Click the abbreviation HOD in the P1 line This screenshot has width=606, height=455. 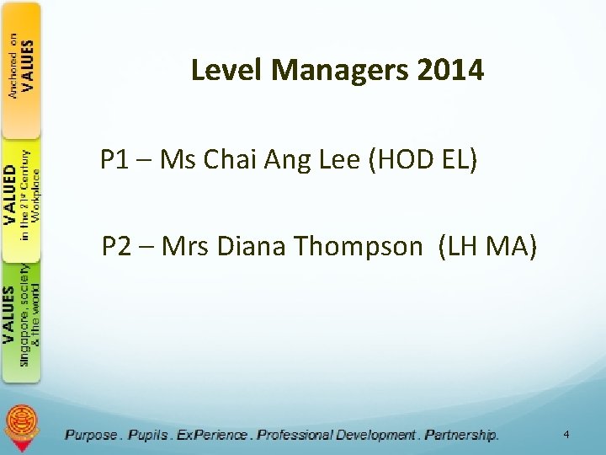(x=403, y=159)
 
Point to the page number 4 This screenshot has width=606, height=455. (x=566, y=435)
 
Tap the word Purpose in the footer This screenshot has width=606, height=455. (x=92, y=435)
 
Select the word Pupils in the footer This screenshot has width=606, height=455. (x=147, y=435)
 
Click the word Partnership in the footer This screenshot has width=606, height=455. (x=461, y=435)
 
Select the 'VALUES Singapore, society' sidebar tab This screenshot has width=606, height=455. (x=21, y=320)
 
